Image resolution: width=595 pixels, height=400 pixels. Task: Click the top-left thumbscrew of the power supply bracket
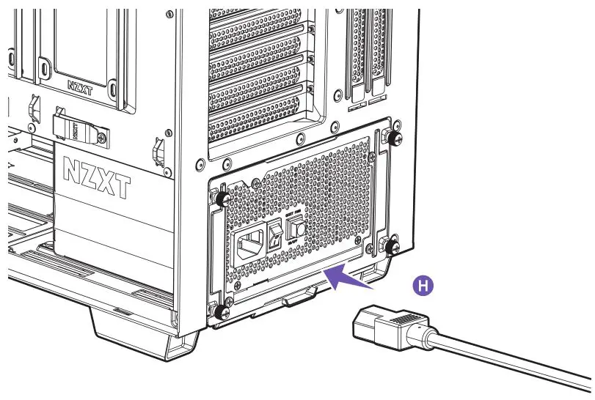[219, 197]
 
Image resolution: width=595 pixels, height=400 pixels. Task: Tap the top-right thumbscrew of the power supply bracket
[394, 138]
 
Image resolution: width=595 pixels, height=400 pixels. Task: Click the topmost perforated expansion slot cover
[257, 22]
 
